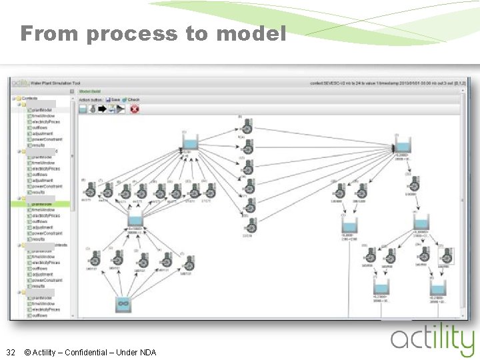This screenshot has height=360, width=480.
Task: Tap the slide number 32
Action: pyautogui.click(x=11, y=352)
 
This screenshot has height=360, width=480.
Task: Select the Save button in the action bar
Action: pyautogui.click(x=112, y=99)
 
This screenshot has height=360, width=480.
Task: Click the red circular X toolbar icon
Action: pyautogui.click(x=135, y=109)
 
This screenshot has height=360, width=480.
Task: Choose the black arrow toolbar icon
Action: pyautogui.click(x=102, y=109)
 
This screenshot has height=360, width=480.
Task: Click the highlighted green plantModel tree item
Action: pyautogui.click(x=41, y=204)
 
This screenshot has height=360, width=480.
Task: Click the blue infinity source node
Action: pyautogui.click(x=122, y=305)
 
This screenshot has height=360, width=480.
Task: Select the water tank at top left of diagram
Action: pyautogui.click(x=190, y=143)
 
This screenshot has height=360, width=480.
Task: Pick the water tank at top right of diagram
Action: pyautogui.click(x=403, y=145)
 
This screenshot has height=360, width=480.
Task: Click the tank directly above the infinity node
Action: pyautogui.click(x=135, y=221)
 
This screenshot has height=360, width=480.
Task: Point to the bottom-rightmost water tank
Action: pyautogui.click(x=438, y=287)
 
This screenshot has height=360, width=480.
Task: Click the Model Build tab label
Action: pyautogui.click(x=89, y=91)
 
